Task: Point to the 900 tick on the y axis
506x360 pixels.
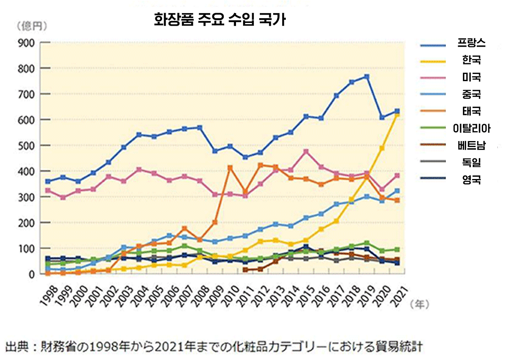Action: (26, 43)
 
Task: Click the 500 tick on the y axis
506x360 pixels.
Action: (26, 145)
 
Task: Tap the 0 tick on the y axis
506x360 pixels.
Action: (31, 274)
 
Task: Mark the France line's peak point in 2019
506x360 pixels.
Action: (367, 77)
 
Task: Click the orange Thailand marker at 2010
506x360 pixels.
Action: (230, 168)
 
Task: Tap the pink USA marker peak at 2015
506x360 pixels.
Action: (306, 151)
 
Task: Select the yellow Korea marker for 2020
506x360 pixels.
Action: (382, 148)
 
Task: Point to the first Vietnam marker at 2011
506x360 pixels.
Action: (245, 270)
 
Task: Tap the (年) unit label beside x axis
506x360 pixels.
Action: (419, 304)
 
